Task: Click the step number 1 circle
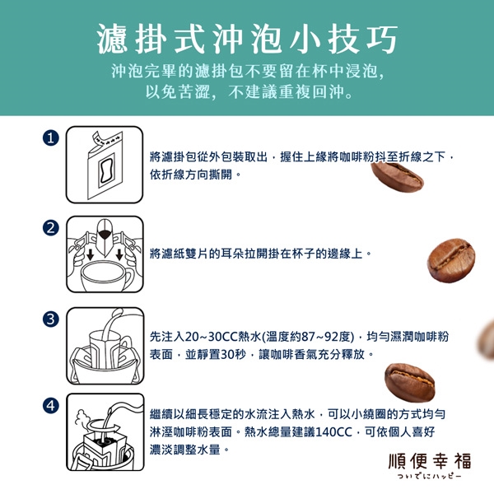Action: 51,138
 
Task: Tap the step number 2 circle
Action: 51,228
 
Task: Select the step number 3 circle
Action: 51,319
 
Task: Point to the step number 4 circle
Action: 51,405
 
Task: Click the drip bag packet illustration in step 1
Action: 105,166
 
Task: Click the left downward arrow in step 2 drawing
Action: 91,254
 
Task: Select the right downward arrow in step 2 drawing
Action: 119,254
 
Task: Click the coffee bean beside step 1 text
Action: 397,177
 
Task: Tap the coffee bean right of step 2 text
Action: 451,260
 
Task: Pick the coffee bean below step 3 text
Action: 409,383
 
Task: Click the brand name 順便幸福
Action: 430,461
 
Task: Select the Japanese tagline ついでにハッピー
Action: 430,476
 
